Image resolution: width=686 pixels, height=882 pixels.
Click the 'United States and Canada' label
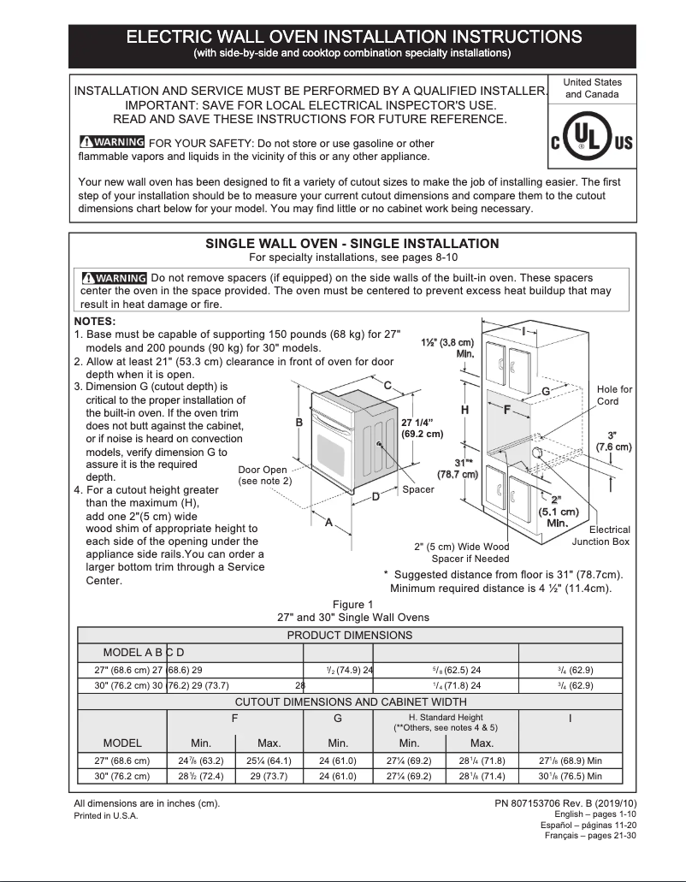[592, 88]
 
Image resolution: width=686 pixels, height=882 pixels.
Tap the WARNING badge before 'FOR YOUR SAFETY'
[111, 143]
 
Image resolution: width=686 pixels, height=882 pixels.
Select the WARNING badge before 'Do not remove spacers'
[113, 278]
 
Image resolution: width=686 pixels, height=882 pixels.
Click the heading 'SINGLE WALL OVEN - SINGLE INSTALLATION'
[352, 244]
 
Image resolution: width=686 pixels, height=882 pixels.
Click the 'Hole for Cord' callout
[614, 395]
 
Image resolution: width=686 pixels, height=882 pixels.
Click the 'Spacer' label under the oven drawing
[418, 489]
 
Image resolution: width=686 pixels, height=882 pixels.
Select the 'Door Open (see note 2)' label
[263, 476]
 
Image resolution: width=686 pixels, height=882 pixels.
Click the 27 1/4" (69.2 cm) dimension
[422, 428]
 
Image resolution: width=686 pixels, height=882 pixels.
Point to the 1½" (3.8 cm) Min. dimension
[447, 347]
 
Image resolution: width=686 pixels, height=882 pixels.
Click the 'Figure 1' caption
[353, 605]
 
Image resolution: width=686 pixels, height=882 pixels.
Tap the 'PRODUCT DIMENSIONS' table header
[349, 635]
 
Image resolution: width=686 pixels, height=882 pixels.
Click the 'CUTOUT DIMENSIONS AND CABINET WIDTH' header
[349, 701]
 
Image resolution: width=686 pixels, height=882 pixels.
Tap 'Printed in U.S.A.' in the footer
[106, 815]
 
